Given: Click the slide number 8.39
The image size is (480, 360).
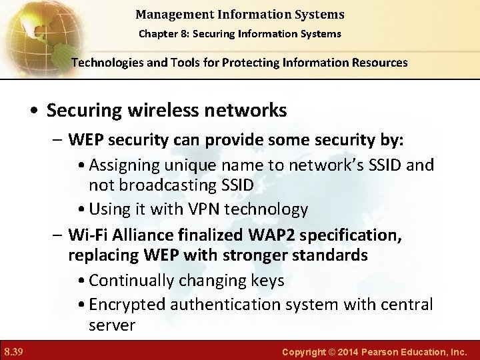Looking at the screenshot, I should (13, 350).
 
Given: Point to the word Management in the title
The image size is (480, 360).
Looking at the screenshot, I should (169, 13).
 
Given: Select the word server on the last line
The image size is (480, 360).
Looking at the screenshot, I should (112, 325).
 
